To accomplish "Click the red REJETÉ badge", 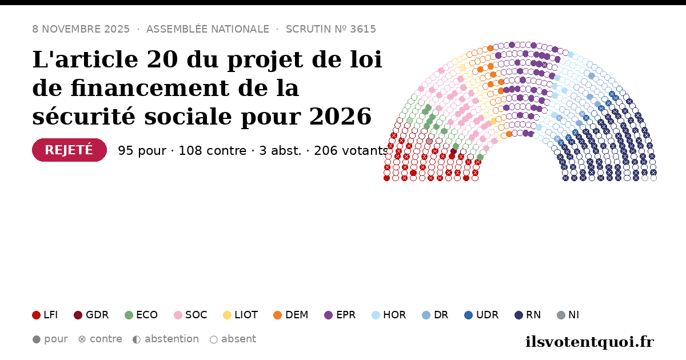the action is click(x=70, y=150).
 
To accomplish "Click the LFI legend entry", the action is click(x=45, y=315).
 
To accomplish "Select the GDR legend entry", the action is click(x=91, y=315).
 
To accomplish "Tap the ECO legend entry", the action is click(x=141, y=315).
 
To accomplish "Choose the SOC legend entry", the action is click(x=190, y=315).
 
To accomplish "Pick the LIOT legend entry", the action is click(x=241, y=315).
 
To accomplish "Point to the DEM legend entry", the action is click(x=290, y=315).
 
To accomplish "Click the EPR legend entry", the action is click(x=340, y=315).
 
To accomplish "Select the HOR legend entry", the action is click(x=389, y=315).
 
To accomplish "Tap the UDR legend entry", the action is click(x=481, y=315).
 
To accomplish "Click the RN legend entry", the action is click(x=528, y=315).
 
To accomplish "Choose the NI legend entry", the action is click(x=568, y=315).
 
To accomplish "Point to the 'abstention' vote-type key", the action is click(x=166, y=339).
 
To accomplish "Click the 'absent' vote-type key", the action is click(x=233, y=339).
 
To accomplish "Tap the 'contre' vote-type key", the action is click(x=100, y=339).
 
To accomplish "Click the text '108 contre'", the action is click(x=213, y=151).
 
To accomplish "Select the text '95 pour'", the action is click(x=142, y=151).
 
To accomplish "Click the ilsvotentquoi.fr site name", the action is click(x=589, y=342).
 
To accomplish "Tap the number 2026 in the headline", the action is click(x=340, y=117).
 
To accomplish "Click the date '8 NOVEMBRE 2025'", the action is click(x=81, y=29).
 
